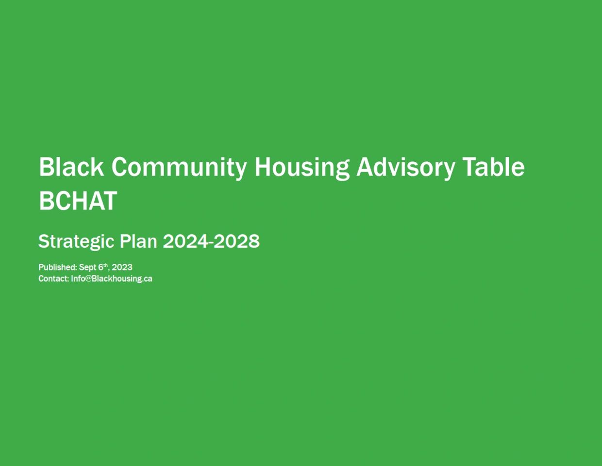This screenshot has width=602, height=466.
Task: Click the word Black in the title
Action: pos(71,167)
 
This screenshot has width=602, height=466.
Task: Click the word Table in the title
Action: pos(493,167)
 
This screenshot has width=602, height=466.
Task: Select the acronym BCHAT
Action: pos(78,201)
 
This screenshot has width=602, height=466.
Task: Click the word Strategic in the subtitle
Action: pos(76,242)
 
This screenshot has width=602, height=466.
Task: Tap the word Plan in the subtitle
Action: pos(138,241)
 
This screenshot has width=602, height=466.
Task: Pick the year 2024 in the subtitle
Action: pos(185,241)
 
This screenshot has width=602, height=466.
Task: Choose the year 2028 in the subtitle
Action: pos(237,241)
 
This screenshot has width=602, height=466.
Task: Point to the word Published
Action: pos(58,267)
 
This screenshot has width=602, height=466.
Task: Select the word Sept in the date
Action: pos(87,268)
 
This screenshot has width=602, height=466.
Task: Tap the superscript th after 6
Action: pos(105,265)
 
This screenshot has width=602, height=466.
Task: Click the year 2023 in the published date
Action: pos(122,267)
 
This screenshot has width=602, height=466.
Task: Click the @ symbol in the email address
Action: pos(88,279)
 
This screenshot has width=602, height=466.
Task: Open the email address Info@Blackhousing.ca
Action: pos(112,279)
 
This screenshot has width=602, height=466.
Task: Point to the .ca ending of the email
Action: pos(148,279)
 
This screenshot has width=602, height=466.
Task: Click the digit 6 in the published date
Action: pos(101,267)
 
